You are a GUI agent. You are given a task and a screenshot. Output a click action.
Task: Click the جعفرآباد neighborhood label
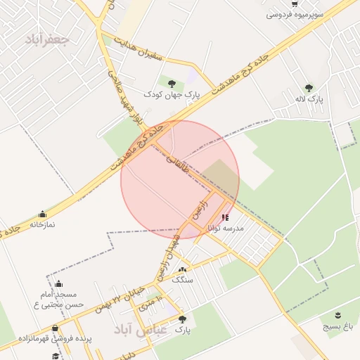pyautogui.click(x=46, y=39)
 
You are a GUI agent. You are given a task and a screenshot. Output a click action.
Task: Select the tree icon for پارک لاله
pyautogui.click(x=309, y=88)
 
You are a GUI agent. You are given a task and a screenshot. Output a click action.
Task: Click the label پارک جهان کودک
pyautogui.click(x=172, y=94)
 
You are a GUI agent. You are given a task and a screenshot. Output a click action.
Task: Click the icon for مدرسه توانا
pyautogui.click(x=224, y=218)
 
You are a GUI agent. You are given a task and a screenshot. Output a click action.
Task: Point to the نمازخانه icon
pyautogui.click(x=43, y=214)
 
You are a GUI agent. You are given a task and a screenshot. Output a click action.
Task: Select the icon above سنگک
pyautogui.click(x=183, y=270)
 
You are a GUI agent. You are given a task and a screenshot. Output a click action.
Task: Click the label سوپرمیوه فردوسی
pyautogui.click(x=294, y=13)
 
